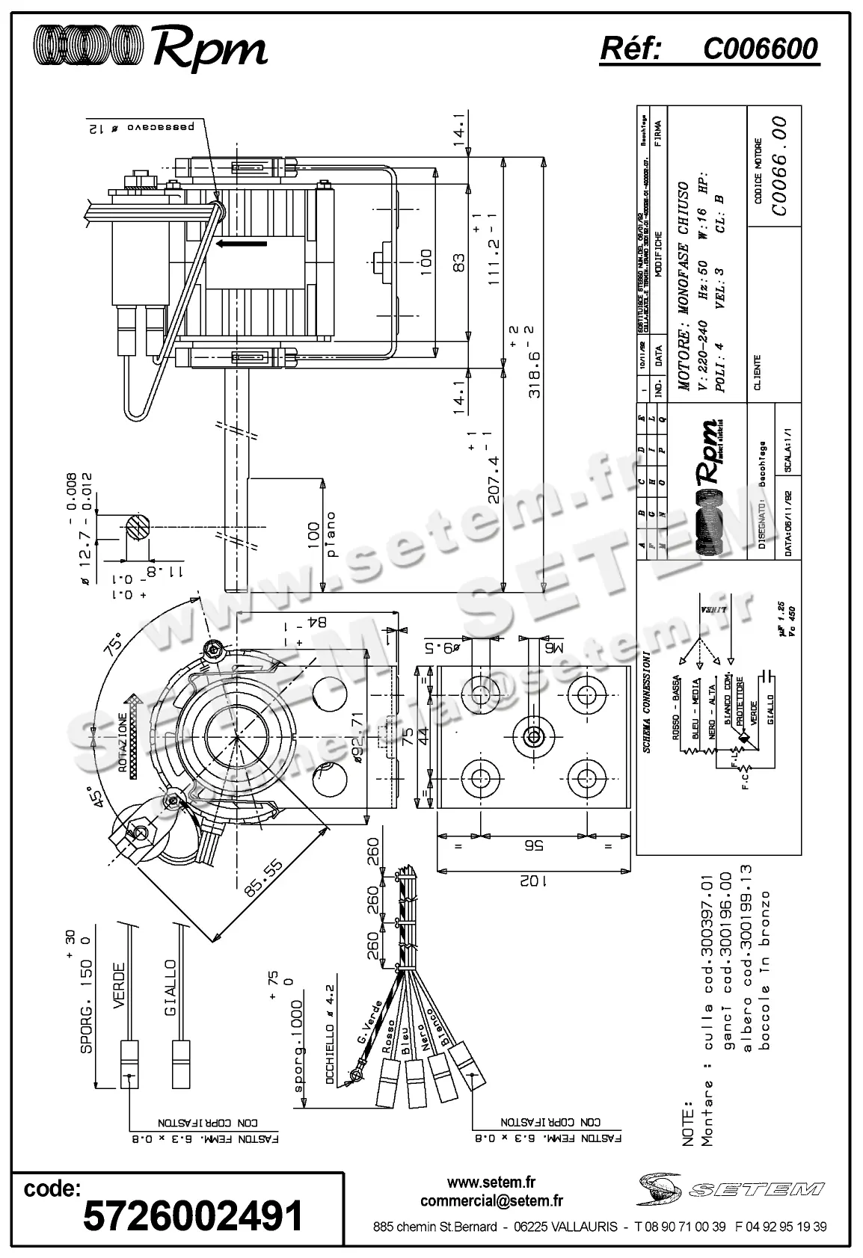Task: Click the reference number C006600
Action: pyautogui.click(x=760, y=49)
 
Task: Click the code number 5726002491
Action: pyautogui.click(x=193, y=1217)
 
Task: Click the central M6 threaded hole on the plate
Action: pyautogui.click(x=532, y=736)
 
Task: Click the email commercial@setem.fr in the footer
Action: pyautogui.click(x=491, y=1201)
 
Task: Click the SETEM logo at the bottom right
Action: pyautogui.click(x=729, y=1188)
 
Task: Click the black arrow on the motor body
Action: pyautogui.click(x=241, y=244)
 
